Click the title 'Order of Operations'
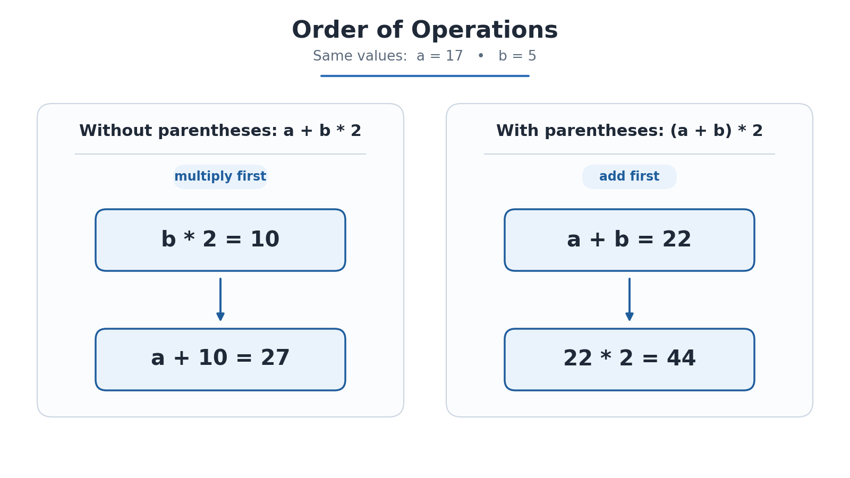click(424, 30)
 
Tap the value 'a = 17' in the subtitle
click(440, 56)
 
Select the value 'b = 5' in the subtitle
click(517, 56)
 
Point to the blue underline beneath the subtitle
click(424, 76)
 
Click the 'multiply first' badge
click(220, 177)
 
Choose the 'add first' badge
click(629, 177)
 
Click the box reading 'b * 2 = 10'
click(220, 240)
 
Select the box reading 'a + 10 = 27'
click(220, 359)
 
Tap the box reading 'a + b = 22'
click(629, 240)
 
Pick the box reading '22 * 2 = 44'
click(629, 359)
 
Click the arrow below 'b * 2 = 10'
click(220, 300)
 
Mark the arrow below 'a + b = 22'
click(629, 300)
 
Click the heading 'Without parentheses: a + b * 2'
click(220, 131)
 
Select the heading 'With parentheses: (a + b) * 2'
click(629, 131)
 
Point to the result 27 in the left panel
click(275, 358)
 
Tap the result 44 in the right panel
click(681, 358)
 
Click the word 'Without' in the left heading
click(116, 131)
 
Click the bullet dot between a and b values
click(480, 56)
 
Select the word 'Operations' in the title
click(484, 30)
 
